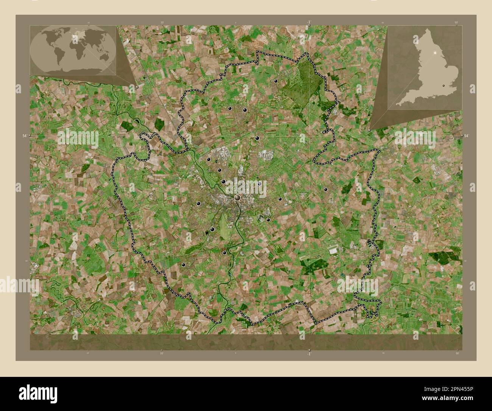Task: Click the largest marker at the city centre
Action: coord(238,198)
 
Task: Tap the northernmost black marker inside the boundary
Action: coord(276,81)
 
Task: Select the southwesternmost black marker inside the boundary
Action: coord(184,265)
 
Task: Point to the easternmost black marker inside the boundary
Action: coord(325,189)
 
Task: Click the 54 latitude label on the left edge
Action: coord(24,135)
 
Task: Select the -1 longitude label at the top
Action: coord(309,22)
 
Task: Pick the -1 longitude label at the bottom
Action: coord(309,354)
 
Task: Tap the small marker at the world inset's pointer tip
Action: coord(137,86)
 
